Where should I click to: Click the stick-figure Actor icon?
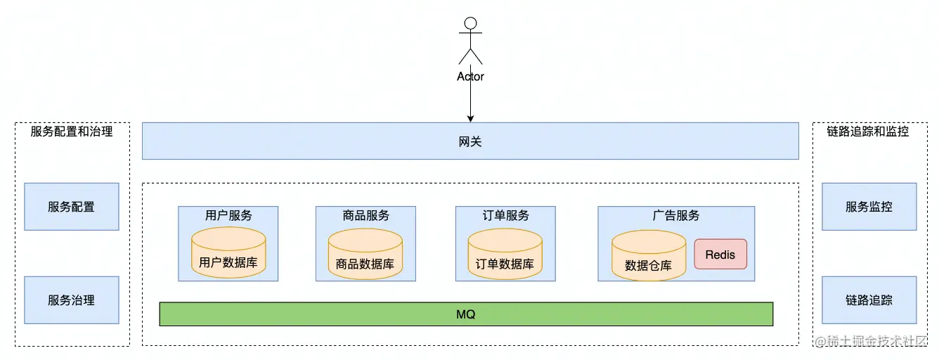point(470,41)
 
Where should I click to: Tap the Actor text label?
point(470,77)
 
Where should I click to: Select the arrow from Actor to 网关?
point(470,102)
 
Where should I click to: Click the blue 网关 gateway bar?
point(470,141)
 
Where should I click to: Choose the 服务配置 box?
point(71,207)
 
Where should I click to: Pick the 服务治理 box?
point(71,300)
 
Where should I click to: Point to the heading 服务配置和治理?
point(72,131)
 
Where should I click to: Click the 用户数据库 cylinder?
point(228,254)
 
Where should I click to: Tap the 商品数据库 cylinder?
point(365,254)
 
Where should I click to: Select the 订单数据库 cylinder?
point(505,254)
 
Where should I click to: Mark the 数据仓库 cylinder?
point(648,256)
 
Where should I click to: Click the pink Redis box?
point(720,255)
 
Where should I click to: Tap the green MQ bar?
point(466,314)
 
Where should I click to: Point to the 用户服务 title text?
point(228,215)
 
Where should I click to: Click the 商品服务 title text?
point(365,215)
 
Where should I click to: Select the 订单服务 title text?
point(505,215)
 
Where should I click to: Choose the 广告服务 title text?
point(676,215)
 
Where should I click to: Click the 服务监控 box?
point(869,207)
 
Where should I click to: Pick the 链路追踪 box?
point(869,300)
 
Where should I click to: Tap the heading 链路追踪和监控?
point(868,131)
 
